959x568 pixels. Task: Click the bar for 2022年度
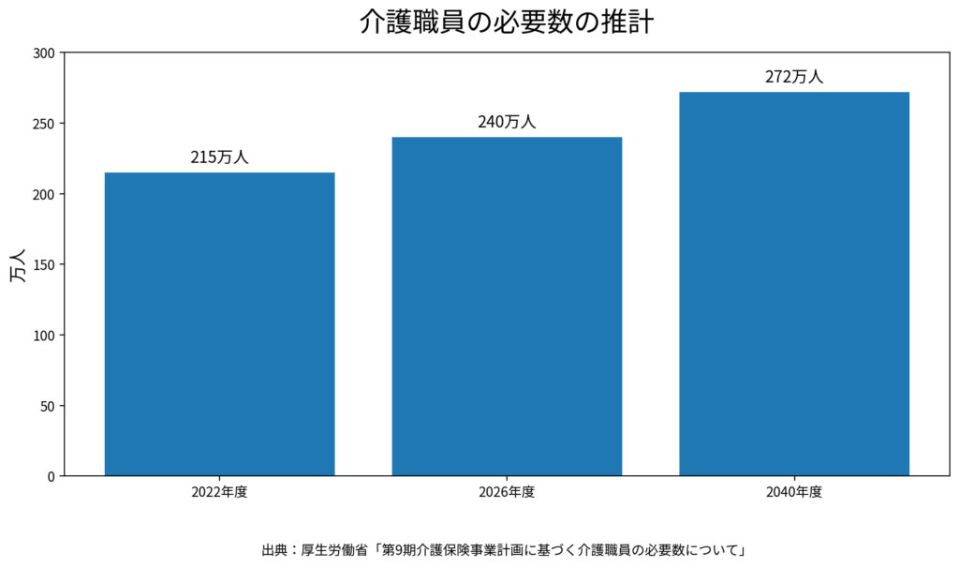[x=219, y=323]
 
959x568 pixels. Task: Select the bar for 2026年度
[x=507, y=306]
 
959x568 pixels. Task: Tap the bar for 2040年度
[x=794, y=283]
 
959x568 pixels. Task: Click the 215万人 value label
[x=219, y=157]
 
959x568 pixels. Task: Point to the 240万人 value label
[x=507, y=122]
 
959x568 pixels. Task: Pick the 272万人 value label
[x=794, y=77]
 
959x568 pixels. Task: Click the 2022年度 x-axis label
[x=219, y=492]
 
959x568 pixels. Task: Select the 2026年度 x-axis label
[x=507, y=492]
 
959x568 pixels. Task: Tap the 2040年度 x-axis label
[x=794, y=492]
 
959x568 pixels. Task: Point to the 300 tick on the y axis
[x=44, y=52]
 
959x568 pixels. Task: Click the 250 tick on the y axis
[x=44, y=124]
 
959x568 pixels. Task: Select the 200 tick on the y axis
[x=44, y=194]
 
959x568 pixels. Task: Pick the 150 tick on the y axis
[x=44, y=264]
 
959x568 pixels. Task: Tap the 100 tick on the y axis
[x=44, y=336]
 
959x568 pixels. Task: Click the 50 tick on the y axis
[x=48, y=406]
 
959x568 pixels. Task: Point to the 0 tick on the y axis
[x=52, y=476]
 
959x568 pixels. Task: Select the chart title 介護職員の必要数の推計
[x=507, y=22]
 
